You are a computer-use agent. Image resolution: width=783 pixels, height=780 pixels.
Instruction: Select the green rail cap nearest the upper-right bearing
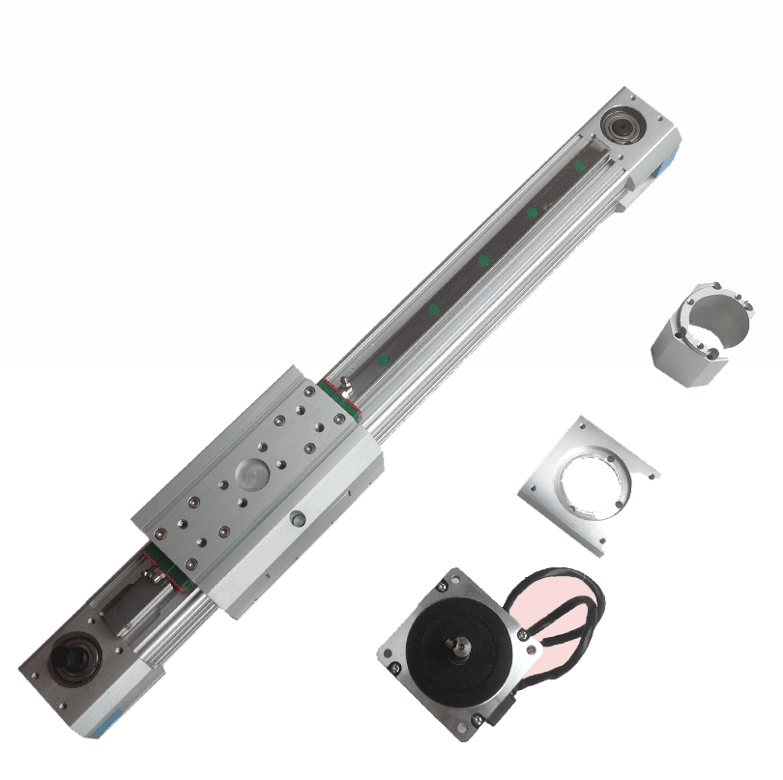(580, 166)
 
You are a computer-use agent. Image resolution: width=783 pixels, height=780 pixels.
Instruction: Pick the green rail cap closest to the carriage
(385, 360)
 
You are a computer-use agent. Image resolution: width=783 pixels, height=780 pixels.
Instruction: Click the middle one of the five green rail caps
(483, 261)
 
